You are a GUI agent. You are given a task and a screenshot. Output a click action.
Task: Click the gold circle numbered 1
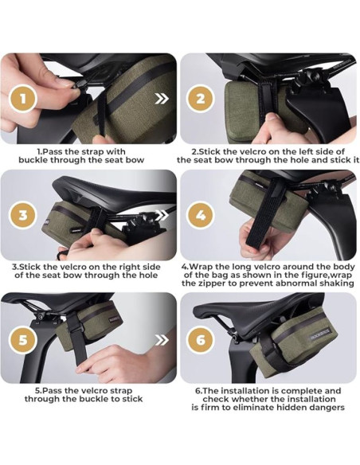[23, 99]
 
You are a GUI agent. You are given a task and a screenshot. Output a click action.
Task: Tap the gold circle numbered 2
[201, 99]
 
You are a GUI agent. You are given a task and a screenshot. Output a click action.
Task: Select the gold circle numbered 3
[23, 215]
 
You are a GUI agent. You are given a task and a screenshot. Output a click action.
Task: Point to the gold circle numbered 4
[201, 215]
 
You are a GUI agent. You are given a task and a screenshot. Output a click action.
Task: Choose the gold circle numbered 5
[23, 340]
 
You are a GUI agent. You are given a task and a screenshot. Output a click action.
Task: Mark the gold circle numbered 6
[201, 340]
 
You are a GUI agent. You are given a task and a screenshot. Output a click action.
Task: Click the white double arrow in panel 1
[162, 99]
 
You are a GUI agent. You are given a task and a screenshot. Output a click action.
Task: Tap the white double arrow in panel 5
[162, 340]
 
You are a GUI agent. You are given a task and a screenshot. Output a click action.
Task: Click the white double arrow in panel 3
[162, 216]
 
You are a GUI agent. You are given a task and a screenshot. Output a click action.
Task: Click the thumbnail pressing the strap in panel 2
[271, 116]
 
